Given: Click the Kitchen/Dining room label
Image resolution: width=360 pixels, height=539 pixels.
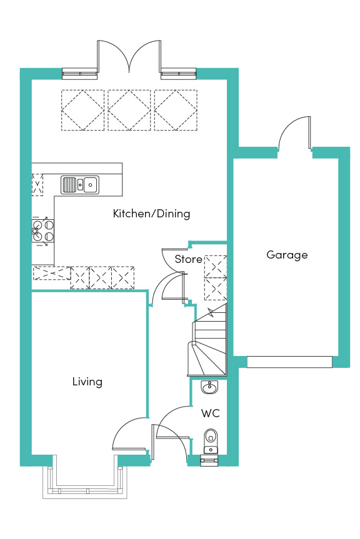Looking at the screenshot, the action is (151, 214).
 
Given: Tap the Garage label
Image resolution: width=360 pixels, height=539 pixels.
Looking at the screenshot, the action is (287, 255).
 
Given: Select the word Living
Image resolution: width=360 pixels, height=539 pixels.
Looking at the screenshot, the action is (87, 382).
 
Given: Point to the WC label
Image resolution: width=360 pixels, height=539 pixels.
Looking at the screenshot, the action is (210, 413).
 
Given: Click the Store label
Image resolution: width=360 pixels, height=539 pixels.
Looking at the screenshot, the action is (188, 259).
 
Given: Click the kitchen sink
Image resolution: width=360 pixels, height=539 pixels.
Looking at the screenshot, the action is (80, 185).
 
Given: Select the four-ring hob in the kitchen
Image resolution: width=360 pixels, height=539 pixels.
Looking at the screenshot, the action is (43, 230).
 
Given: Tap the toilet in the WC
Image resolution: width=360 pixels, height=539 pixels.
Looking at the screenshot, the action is (211, 441).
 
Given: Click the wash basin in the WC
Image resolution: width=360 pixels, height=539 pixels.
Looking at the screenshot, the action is (209, 387).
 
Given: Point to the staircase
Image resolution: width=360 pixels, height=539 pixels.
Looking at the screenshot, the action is (208, 340).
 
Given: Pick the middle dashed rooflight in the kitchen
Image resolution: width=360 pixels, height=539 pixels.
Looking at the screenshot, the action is (129, 110).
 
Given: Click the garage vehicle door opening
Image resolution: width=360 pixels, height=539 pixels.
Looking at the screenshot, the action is (289, 362).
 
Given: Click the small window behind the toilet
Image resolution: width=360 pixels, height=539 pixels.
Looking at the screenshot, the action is (209, 460).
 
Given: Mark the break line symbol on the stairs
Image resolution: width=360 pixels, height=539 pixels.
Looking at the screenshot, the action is (211, 314).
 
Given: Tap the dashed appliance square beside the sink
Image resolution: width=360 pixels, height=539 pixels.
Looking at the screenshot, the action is (37, 185).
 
